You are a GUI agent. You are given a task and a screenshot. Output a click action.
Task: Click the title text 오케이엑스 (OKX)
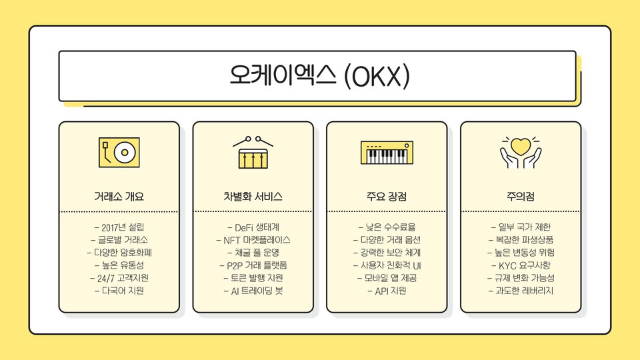click(317, 75)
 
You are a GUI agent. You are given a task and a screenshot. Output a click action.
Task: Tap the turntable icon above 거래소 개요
click(119, 152)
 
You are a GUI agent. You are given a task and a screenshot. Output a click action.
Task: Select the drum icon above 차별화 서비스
click(253, 153)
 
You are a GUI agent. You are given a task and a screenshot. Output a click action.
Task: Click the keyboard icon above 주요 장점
click(387, 153)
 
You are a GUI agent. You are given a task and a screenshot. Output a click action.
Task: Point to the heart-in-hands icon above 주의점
click(521, 152)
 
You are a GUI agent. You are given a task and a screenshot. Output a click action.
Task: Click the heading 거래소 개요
click(119, 197)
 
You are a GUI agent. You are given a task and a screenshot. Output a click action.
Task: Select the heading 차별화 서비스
click(253, 197)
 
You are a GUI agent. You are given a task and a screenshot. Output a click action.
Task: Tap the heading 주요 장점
click(387, 197)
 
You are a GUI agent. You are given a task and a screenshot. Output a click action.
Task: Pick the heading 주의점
click(521, 197)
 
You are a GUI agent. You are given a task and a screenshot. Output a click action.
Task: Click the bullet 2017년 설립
click(119, 227)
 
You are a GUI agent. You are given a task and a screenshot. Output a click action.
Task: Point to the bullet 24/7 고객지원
click(119, 278)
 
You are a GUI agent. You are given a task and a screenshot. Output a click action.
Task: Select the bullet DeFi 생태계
click(253, 227)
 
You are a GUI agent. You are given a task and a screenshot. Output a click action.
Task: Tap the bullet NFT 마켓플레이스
click(253, 240)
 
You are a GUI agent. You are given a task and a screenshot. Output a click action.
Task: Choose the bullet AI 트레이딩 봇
click(253, 291)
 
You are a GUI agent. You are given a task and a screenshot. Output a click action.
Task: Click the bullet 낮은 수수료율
click(387, 227)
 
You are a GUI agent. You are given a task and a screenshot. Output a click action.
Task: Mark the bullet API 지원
click(387, 291)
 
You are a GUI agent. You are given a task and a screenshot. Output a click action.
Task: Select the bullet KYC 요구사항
click(521, 265)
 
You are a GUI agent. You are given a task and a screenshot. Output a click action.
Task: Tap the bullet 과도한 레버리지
click(521, 291)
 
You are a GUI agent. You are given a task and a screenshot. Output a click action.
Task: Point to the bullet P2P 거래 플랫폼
click(253, 265)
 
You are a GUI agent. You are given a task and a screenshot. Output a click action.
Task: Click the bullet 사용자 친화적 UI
click(387, 265)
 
